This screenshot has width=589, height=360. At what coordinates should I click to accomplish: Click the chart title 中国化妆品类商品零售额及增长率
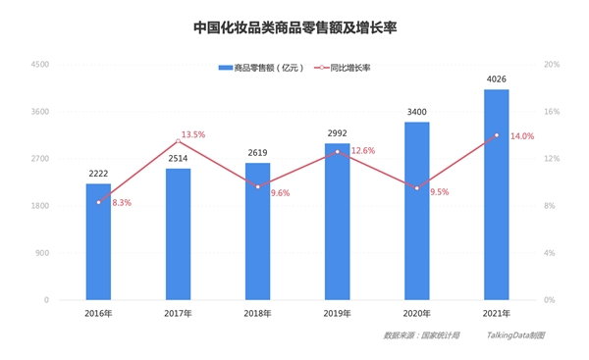pyautogui.click(x=294, y=28)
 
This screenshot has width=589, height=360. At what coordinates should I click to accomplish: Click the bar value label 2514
pyautogui.click(x=178, y=158)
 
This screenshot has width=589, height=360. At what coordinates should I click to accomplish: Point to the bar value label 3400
pyautogui.click(x=416, y=112)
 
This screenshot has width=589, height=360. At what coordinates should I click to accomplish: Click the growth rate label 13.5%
pyautogui.click(x=193, y=134)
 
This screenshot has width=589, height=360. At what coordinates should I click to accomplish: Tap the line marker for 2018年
pyautogui.click(x=257, y=186)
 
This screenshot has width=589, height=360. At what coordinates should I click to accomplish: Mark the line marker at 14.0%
pyautogui.click(x=496, y=135)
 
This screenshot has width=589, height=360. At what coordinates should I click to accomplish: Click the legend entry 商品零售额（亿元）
pyautogui.click(x=261, y=68)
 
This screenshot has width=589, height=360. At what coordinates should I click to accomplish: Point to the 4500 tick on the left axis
pyautogui.click(x=40, y=65)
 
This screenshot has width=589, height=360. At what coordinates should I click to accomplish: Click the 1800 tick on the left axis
pyautogui.click(x=40, y=206)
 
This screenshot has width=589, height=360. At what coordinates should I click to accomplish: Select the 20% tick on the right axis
pyautogui.click(x=551, y=65)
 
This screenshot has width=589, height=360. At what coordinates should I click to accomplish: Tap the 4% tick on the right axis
pyautogui.click(x=551, y=253)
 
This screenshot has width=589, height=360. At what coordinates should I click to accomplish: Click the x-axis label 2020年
pyautogui.click(x=416, y=313)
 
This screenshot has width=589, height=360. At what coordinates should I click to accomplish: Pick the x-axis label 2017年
pyautogui.click(x=178, y=313)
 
